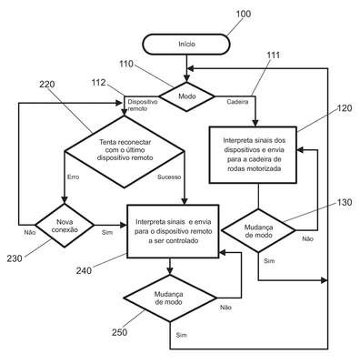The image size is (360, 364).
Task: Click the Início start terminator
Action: click(x=186, y=45)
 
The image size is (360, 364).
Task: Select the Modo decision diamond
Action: click(x=186, y=96)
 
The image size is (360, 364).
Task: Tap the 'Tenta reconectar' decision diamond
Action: click(x=125, y=152)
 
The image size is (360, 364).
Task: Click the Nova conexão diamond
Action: click(x=65, y=226)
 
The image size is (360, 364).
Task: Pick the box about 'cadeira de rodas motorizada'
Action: click(x=253, y=155)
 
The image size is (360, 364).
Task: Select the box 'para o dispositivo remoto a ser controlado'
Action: click(x=173, y=231)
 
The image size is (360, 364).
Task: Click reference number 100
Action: click(x=244, y=14)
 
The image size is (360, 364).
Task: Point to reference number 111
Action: click(x=273, y=56)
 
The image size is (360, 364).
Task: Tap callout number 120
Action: click(x=345, y=108)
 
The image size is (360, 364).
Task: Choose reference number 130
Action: click(x=345, y=202)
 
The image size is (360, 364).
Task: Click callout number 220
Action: click(x=47, y=84)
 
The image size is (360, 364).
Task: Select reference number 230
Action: click(x=15, y=258)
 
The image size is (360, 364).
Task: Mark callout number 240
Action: click(x=84, y=270)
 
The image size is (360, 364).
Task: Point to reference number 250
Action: click(x=120, y=332)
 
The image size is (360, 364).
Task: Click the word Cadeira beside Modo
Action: click(x=237, y=102)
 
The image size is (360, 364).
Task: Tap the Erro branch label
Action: click(x=73, y=177)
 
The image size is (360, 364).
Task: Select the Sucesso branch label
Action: click(x=169, y=177)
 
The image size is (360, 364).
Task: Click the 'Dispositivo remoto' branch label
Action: click(x=143, y=105)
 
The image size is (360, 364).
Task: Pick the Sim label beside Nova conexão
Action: click(x=107, y=232)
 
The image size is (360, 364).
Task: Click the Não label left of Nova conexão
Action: click(x=30, y=232)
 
